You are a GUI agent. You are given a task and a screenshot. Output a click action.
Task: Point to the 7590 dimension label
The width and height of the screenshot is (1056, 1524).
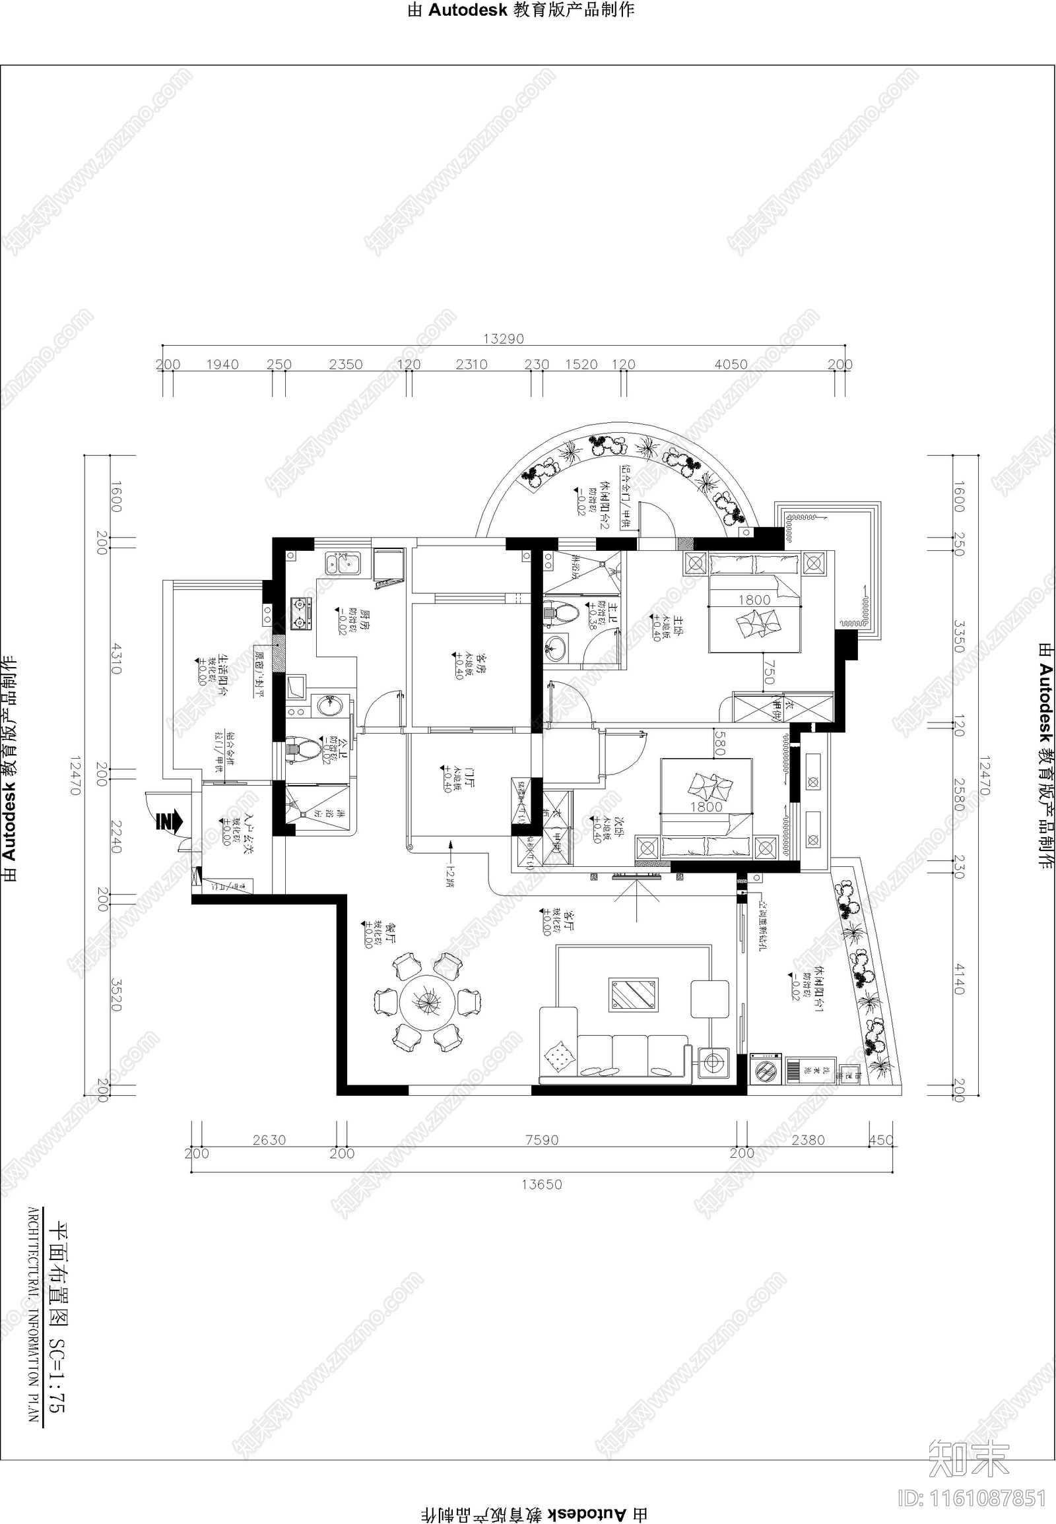541,1139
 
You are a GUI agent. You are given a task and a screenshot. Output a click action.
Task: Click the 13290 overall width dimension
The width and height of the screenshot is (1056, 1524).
504,338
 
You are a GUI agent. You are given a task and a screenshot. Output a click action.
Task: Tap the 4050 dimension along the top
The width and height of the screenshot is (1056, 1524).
731,364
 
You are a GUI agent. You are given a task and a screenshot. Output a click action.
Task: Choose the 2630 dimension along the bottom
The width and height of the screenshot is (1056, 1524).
269,1139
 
